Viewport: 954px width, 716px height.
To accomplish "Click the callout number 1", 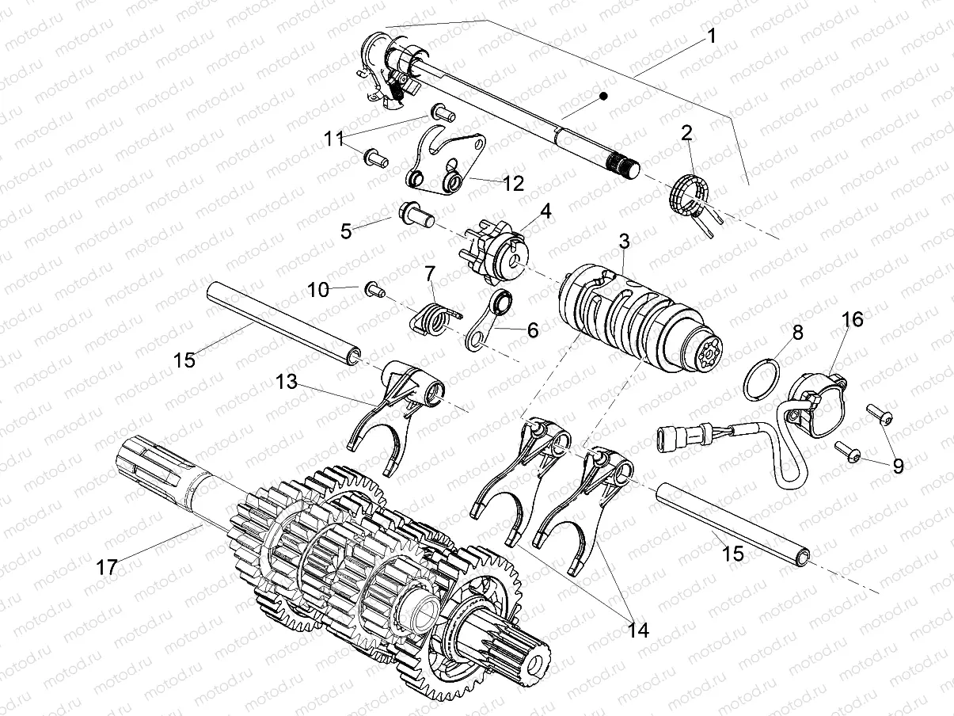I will [711, 36].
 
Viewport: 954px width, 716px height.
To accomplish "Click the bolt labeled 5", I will [415, 213].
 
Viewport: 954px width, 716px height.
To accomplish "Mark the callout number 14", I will [637, 630].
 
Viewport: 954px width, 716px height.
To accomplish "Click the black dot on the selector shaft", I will [603, 96].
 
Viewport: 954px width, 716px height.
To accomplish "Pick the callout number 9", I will [898, 467].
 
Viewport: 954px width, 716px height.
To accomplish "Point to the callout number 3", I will [625, 239].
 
